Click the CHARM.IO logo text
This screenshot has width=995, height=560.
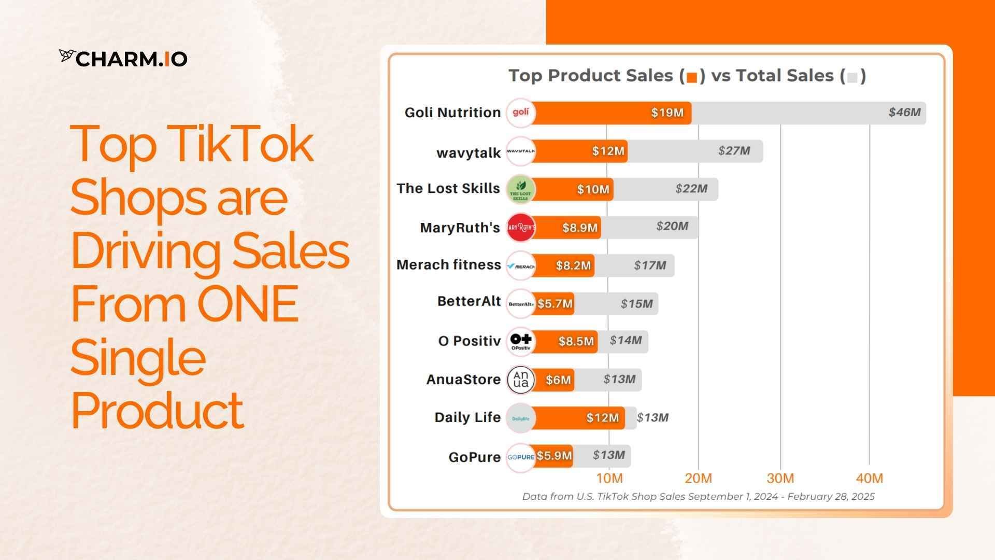(x=124, y=59)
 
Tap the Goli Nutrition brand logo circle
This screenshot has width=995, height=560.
(x=520, y=113)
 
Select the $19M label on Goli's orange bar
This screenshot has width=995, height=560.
(x=667, y=113)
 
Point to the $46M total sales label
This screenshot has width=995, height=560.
(x=904, y=112)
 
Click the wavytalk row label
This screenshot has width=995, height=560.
(x=468, y=153)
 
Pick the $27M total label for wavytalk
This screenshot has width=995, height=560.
(x=734, y=150)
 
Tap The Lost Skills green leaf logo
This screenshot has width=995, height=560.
(x=520, y=189)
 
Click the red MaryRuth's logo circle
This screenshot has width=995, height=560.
(x=520, y=227)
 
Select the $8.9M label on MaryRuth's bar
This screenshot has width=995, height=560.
(x=580, y=227)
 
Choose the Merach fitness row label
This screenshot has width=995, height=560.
(x=448, y=264)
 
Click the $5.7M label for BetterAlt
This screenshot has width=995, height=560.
(x=555, y=303)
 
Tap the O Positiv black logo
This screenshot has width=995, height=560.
(x=520, y=341)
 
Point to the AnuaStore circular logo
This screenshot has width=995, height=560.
(x=520, y=379)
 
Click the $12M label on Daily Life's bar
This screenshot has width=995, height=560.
(x=602, y=417)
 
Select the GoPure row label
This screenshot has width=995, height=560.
(x=474, y=457)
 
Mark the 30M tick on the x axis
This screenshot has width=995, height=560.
(x=780, y=478)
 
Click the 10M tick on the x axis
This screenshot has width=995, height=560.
(x=609, y=478)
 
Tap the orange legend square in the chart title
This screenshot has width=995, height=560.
(x=692, y=77)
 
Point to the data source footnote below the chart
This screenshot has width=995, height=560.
(x=698, y=496)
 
